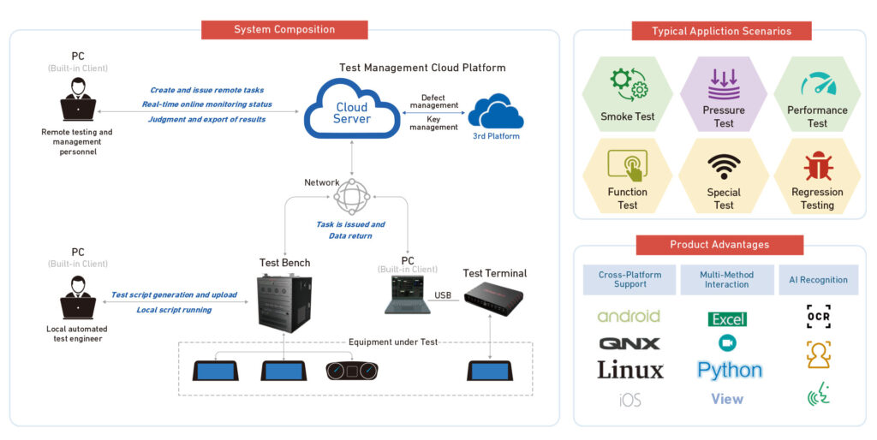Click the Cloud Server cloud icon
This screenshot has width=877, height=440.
[351, 109]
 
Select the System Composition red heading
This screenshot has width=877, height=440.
[284, 30]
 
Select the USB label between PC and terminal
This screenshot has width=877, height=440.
[443, 295]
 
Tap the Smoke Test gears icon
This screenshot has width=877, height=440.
[628, 86]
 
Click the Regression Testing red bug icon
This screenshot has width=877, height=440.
[817, 166]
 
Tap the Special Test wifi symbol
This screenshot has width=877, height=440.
[724, 166]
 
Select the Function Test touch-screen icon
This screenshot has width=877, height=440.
[628, 164]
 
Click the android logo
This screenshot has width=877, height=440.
[629, 317]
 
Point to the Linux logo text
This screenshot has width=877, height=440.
[629, 371]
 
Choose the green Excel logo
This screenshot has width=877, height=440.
[727, 319]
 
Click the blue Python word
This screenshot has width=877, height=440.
[729, 371]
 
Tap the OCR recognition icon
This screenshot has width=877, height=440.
[818, 317]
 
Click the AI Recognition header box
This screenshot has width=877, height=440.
[818, 280]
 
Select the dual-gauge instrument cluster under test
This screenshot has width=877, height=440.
[351, 371]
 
